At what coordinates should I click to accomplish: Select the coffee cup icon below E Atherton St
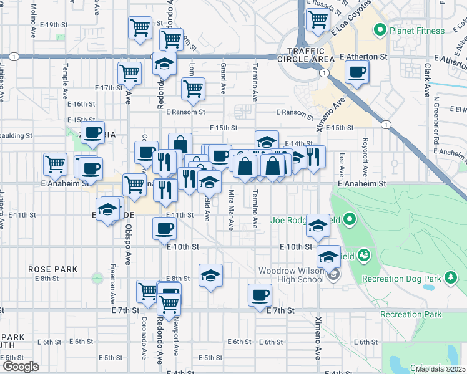coord(356,73)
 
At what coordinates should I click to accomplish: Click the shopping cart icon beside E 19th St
coord(140,27)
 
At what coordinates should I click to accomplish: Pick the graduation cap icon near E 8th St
coord(211,275)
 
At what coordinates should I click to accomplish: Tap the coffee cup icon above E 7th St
coord(260,295)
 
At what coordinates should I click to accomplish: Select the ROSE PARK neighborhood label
coord(53,269)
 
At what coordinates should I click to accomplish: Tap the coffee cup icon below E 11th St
coord(164,228)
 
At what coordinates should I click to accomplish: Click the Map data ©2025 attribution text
coord(440,369)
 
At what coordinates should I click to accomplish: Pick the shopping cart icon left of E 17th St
coord(130,72)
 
